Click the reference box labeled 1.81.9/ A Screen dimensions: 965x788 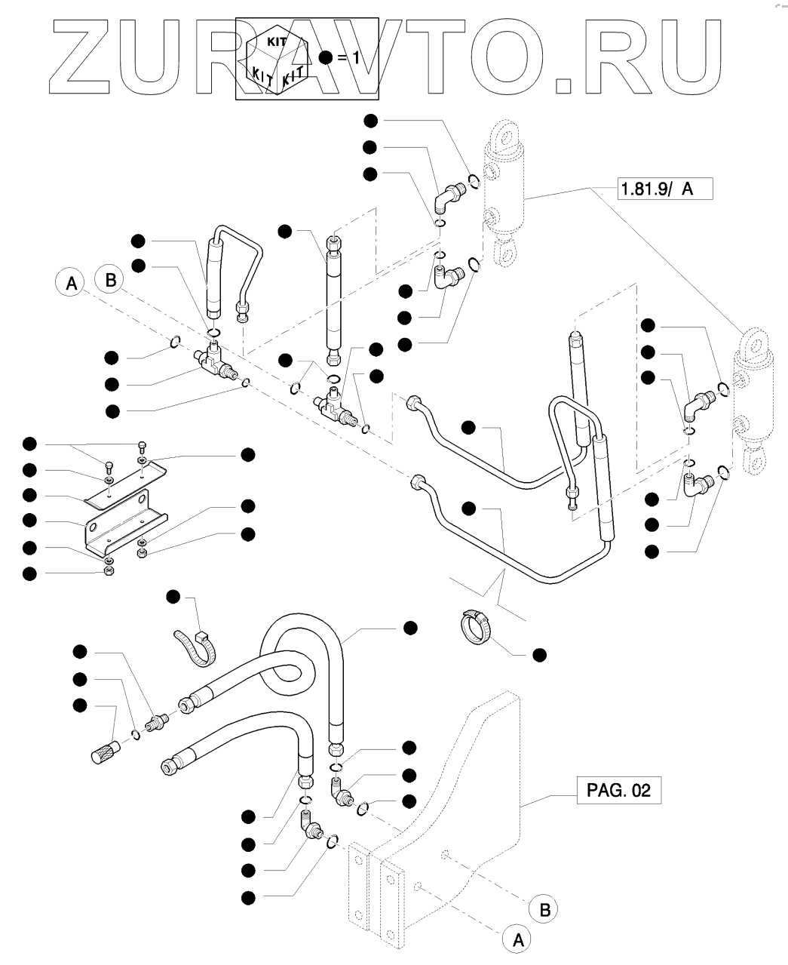click(x=664, y=188)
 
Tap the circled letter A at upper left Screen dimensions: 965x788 click(x=71, y=284)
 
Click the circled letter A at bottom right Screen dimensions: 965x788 click(x=518, y=939)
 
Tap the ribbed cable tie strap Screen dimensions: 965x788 click(x=195, y=647)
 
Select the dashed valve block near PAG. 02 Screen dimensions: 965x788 click(x=452, y=815)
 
